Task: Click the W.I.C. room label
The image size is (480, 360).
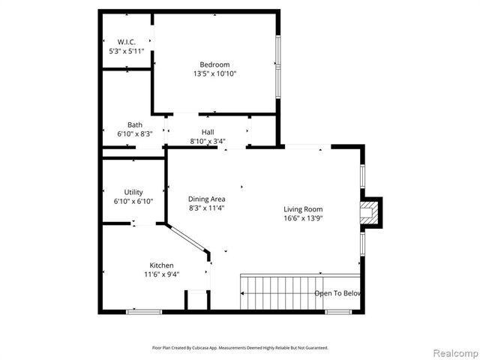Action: (125, 41)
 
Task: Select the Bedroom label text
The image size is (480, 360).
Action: (214, 64)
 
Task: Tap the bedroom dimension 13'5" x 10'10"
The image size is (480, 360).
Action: (214, 74)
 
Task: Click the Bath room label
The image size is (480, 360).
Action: (135, 125)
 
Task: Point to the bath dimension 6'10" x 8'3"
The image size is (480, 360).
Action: (135, 134)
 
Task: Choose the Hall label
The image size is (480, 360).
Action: (208, 132)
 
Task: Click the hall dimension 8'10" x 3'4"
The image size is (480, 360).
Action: (208, 141)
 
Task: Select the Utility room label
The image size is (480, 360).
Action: (133, 193)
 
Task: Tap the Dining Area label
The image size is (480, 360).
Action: (206, 199)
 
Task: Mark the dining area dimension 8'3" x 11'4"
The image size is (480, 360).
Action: (206, 208)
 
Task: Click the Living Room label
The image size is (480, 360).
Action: (302, 209)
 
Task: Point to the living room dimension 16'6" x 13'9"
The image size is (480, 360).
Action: (302, 218)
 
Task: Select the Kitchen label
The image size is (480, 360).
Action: (161, 265)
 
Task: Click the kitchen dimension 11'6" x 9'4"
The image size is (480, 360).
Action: (161, 275)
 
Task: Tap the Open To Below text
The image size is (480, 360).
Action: (338, 293)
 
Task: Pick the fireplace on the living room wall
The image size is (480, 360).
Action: (370, 212)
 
